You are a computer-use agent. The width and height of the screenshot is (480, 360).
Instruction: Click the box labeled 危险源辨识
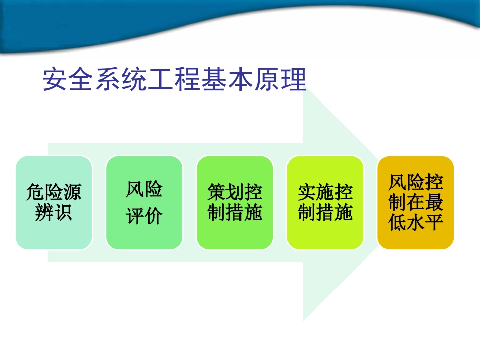click(54, 202)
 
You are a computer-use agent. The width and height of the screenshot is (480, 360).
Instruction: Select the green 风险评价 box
click(144, 202)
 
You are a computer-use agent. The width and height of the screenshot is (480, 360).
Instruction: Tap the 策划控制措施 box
click(234, 202)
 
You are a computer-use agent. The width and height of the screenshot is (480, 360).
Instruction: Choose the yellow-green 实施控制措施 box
click(325, 202)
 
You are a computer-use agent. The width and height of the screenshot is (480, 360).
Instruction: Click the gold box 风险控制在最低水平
click(415, 202)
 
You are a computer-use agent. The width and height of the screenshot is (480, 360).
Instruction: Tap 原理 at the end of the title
click(280, 80)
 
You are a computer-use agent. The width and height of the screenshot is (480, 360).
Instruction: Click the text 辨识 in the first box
click(54, 213)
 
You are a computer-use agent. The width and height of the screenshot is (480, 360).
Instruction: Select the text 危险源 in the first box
click(54, 193)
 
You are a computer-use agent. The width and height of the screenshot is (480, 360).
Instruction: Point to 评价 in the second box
click(144, 216)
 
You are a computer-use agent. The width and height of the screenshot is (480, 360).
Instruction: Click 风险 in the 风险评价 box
click(144, 190)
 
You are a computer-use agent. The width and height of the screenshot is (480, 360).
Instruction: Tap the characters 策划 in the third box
click(225, 193)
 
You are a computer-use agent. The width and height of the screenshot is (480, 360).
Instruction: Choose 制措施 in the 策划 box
click(234, 213)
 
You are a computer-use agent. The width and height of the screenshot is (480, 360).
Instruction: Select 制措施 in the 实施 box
click(325, 213)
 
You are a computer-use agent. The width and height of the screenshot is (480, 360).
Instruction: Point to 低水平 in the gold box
click(415, 222)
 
